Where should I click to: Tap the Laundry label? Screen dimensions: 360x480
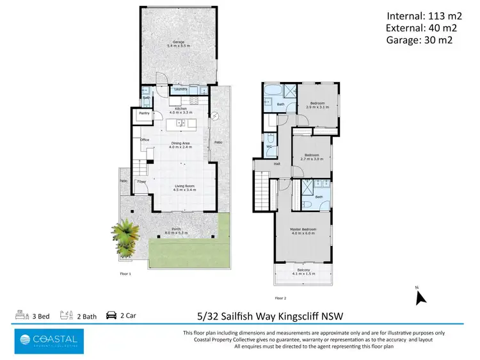coord(180,90)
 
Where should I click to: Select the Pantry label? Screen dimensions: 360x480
coord(144,113)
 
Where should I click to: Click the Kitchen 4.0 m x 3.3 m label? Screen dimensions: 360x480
coord(180,111)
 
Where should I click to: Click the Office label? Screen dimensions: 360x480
coord(145,140)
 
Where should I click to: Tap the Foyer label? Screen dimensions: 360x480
coord(141,182)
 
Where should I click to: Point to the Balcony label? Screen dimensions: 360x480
coord(303,272)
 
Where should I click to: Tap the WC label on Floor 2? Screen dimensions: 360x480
coord(269,146)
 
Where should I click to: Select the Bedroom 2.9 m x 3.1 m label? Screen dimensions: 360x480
coord(318,105)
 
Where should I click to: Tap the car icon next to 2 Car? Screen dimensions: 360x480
coord(111,315)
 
